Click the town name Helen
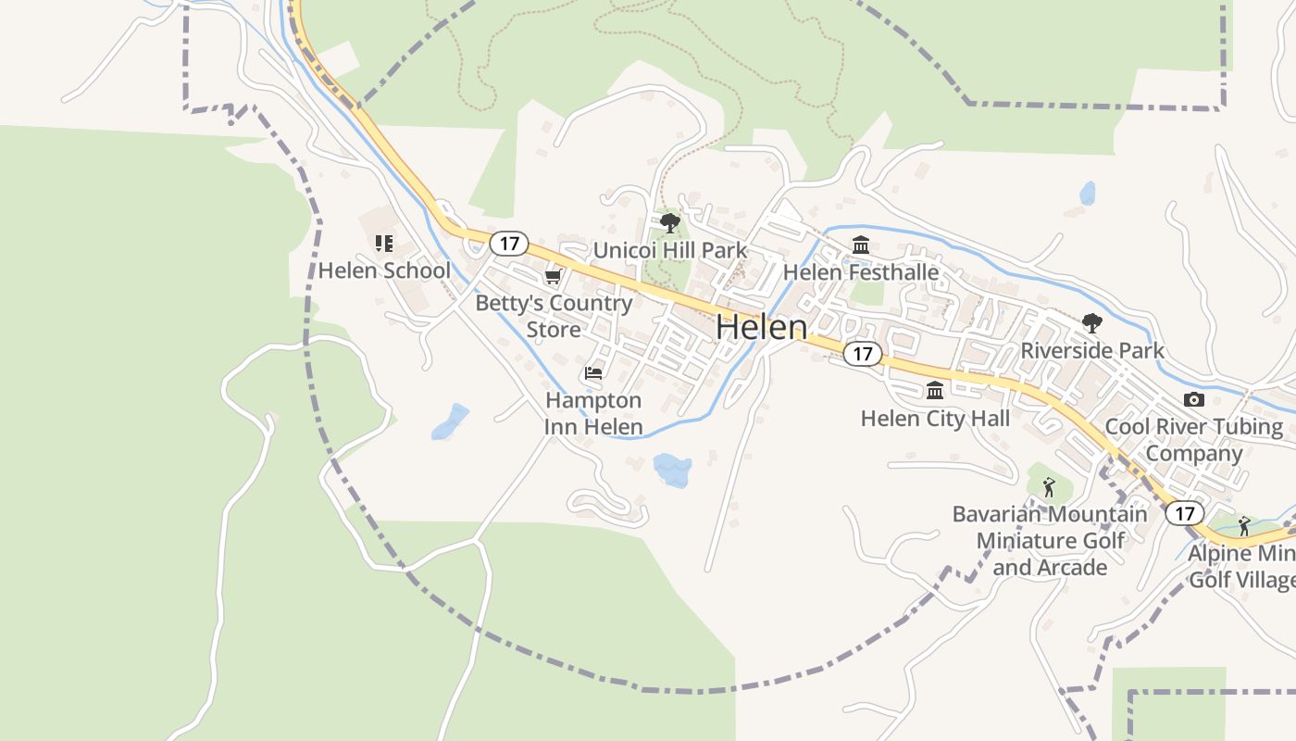point(761,327)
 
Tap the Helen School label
point(384,270)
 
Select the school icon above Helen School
point(383,244)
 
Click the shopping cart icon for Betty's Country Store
point(553,277)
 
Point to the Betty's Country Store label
point(554,316)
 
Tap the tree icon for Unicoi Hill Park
point(669,223)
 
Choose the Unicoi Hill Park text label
point(669,250)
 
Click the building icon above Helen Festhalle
point(861,245)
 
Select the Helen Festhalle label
point(861,272)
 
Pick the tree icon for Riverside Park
point(1092,323)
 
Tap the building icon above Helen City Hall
point(935,391)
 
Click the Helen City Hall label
point(935,419)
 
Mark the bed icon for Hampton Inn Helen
point(593,373)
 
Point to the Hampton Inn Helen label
point(593,413)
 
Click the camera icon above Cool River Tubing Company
point(1194,400)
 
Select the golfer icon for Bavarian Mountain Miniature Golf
point(1049,486)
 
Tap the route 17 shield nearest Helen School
point(508,244)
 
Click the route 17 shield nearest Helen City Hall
point(863,354)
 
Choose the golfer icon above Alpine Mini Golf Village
point(1244,526)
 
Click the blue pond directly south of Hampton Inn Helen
point(672,469)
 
